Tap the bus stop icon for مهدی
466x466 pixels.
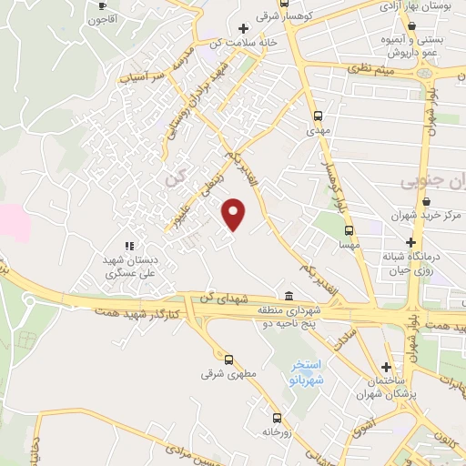(x=317, y=116)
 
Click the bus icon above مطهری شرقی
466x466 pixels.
(x=228, y=359)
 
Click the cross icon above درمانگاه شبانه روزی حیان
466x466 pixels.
(x=411, y=242)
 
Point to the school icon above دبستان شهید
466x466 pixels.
(x=127, y=246)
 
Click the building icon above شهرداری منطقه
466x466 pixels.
(x=288, y=297)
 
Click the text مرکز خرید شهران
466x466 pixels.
(x=433, y=217)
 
